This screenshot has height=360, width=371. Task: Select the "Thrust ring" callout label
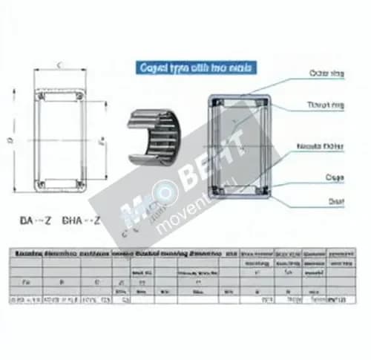coord(326,105)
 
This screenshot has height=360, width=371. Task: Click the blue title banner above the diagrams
coord(196,68)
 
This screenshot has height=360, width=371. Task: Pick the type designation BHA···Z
coord(82,220)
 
